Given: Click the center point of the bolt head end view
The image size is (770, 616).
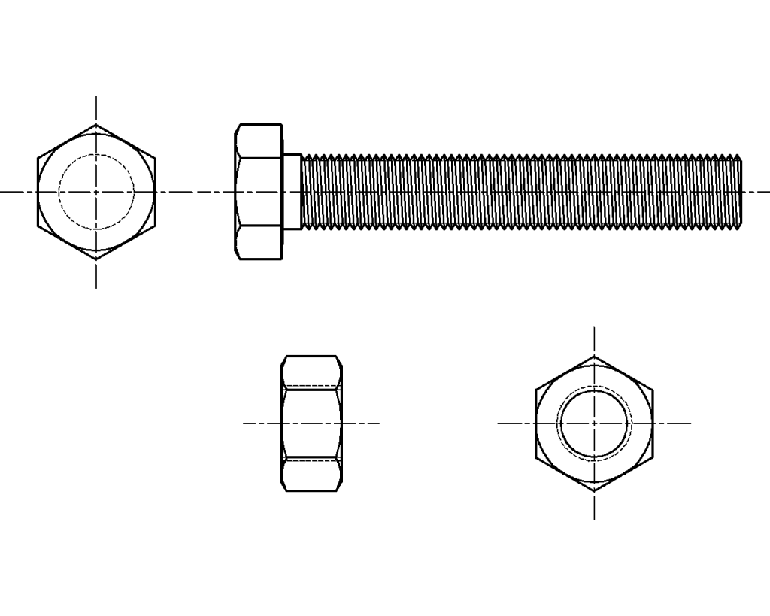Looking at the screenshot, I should [x=96, y=192].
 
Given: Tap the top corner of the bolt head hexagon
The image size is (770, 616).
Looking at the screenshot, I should [x=96, y=125].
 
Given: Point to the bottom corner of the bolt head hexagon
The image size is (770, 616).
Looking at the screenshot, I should [x=96, y=259].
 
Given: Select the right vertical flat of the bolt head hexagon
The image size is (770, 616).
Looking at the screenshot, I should [x=155, y=192].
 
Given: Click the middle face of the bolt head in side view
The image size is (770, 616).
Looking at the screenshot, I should [x=258, y=192].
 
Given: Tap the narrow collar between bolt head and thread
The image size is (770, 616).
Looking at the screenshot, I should [x=292, y=192].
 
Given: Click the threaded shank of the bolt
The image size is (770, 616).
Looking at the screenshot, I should [x=519, y=192].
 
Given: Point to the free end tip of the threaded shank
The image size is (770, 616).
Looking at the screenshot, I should [x=741, y=192].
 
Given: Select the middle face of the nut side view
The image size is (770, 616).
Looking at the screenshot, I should [x=311, y=423].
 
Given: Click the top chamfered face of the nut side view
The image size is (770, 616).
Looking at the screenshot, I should [x=311, y=372].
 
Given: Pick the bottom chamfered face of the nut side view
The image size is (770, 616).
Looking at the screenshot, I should [x=311, y=475].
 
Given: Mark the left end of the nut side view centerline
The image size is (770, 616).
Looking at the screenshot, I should [x=244, y=423].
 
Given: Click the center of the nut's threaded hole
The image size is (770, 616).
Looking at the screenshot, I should [x=594, y=423].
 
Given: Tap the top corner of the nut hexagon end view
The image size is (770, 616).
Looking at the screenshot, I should [x=594, y=357].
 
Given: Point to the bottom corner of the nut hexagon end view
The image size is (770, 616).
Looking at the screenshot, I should [x=594, y=491].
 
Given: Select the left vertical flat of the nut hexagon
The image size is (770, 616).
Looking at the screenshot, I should [x=536, y=423].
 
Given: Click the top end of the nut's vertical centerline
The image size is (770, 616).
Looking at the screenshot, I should [x=594, y=329].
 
